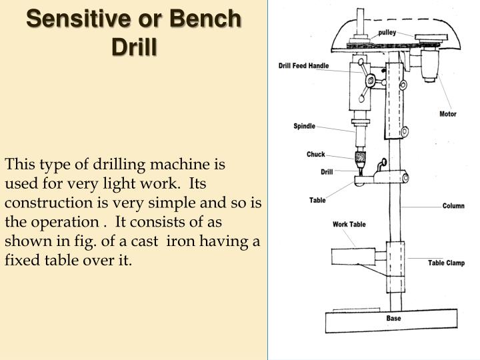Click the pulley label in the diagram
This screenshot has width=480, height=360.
click(x=387, y=33)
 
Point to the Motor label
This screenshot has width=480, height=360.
click(x=448, y=114)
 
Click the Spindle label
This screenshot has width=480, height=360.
click(x=304, y=126)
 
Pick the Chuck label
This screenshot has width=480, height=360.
click(x=316, y=155)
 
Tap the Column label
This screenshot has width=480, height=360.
click(x=453, y=206)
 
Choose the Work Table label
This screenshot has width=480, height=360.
click(x=349, y=224)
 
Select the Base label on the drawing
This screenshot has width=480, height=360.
click(x=394, y=318)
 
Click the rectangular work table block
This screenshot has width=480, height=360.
click(x=353, y=256)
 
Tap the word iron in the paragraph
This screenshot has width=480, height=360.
click(x=223, y=241)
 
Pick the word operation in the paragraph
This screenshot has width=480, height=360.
click(x=61, y=221)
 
